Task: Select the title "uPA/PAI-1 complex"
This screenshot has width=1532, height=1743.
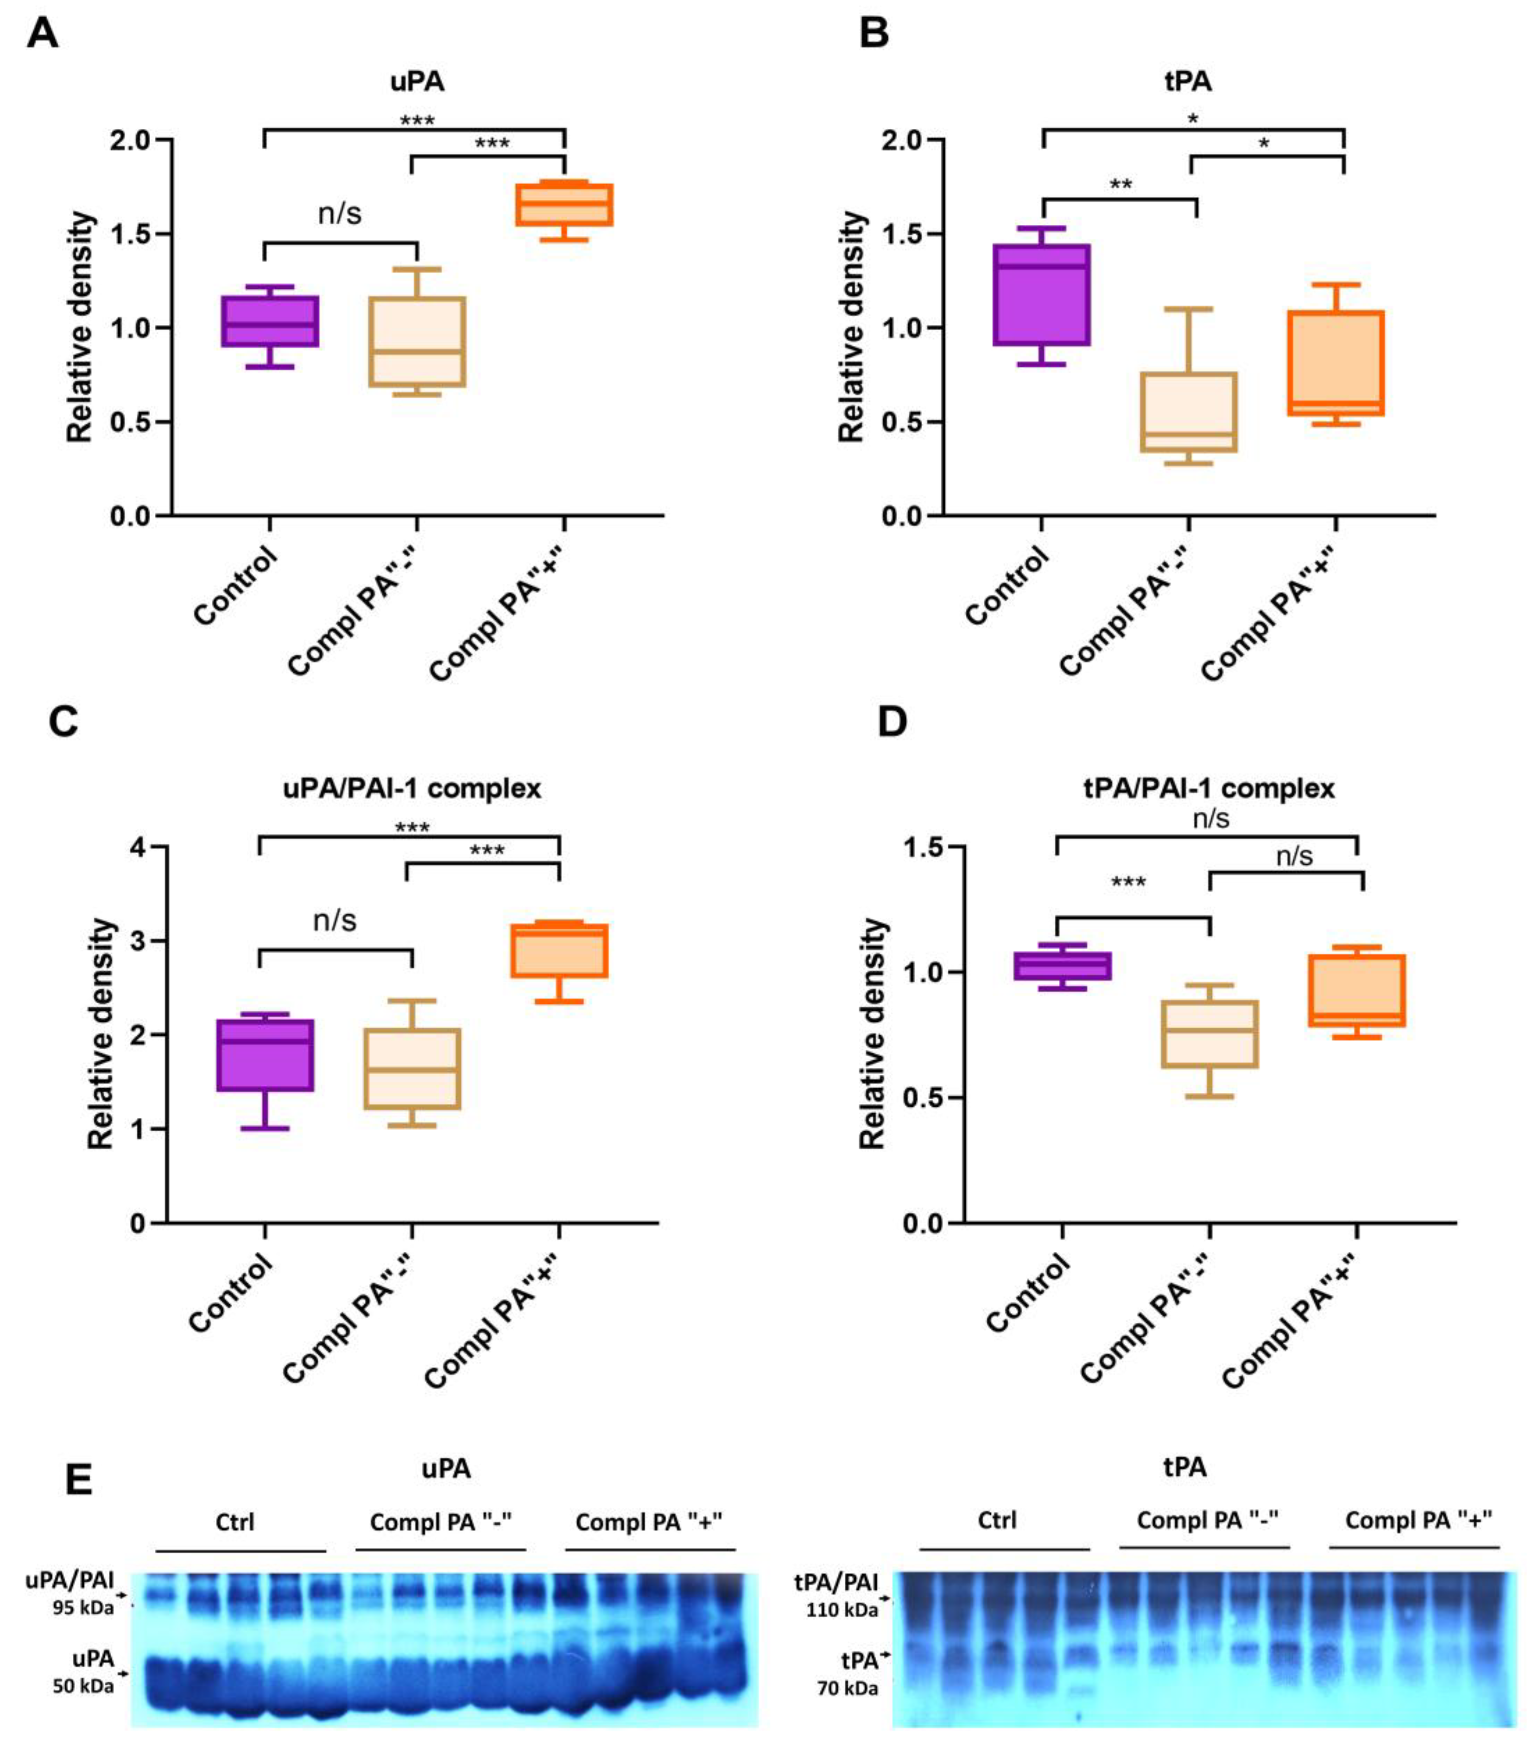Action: (x=412, y=788)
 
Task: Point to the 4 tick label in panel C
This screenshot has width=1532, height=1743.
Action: (x=137, y=847)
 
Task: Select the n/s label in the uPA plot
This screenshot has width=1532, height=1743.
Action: (x=339, y=213)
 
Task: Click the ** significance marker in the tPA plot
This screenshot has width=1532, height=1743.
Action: (x=1120, y=184)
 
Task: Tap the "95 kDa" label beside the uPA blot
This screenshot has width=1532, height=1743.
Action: (x=82, y=1607)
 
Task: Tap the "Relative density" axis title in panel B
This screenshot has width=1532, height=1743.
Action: (x=851, y=328)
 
